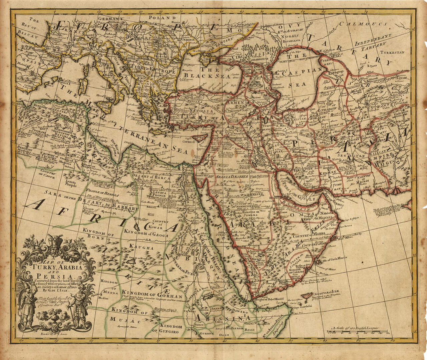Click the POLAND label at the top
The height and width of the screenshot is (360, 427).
(162, 17)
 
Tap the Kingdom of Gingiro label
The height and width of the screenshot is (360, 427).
(167, 329)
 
